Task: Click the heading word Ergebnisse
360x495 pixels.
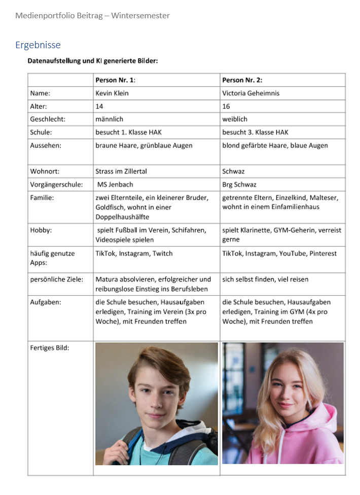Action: click(38, 45)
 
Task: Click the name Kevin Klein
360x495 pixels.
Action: click(113, 93)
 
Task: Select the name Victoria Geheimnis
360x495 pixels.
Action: click(250, 93)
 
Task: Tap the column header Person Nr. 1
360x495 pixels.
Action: click(115, 80)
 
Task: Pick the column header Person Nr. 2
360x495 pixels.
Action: click(242, 80)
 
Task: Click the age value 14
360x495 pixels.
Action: click(99, 106)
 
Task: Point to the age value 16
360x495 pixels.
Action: click(226, 106)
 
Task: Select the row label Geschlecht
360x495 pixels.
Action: click(48, 119)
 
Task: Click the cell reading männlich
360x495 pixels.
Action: click(109, 119)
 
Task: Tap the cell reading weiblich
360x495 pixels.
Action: click(235, 119)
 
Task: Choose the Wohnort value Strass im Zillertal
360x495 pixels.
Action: click(121, 171)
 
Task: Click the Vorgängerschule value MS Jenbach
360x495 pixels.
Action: click(115, 184)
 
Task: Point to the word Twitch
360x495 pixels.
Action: click(163, 253)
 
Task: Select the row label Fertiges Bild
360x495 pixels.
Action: click(50, 347)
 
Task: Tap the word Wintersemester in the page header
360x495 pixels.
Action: click(140, 16)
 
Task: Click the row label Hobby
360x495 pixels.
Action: click(42, 230)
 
